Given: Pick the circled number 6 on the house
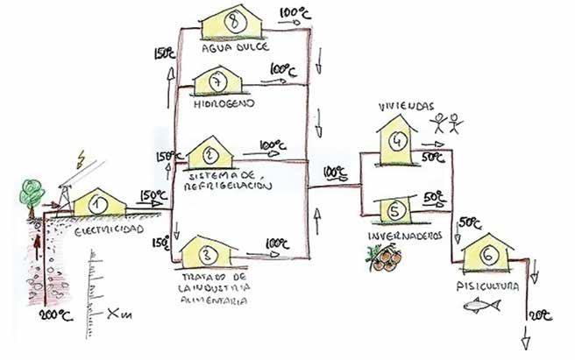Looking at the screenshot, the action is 487,254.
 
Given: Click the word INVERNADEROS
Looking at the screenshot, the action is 402,236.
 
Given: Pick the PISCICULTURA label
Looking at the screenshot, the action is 487,285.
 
